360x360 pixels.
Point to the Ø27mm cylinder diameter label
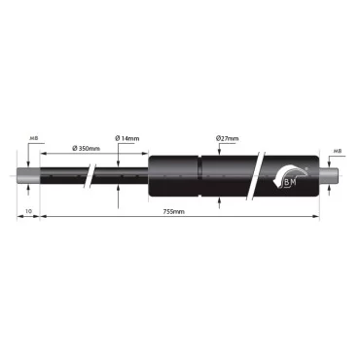tap(227, 139)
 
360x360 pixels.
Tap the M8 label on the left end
tap(35, 139)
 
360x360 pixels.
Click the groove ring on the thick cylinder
tap(200, 175)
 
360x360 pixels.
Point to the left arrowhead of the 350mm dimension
tap(43, 155)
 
